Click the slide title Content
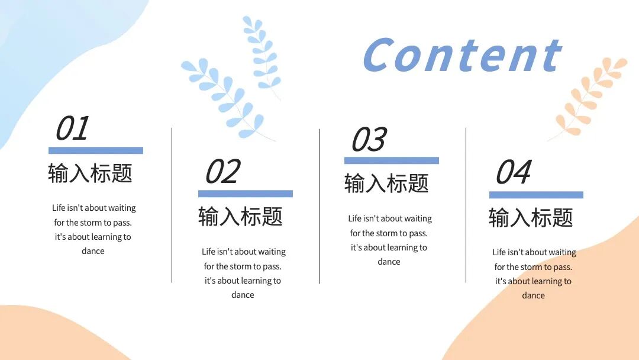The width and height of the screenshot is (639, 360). (x=461, y=55)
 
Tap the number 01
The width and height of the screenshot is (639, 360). (x=72, y=128)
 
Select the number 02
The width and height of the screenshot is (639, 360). (x=222, y=172)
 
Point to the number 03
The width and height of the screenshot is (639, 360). (x=368, y=140)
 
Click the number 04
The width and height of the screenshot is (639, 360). (x=513, y=172)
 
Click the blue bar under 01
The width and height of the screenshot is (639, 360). (x=96, y=150)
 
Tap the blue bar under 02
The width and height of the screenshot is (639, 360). (x=245, y=194)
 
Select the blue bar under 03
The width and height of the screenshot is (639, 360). (x=391, y=160)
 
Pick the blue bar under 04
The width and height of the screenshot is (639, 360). (x=536, y=195)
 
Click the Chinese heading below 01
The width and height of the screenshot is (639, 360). (x=90, y=173)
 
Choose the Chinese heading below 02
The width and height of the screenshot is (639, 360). (x=240, y=216)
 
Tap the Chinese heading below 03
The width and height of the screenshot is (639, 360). (x=386, y=184)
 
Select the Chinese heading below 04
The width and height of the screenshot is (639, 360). (x=531, y=217)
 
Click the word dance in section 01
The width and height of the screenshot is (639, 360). (x=93, y=251)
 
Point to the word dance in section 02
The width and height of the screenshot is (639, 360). (x=243, y=295)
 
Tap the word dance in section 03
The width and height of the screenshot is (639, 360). (x=389, y=262)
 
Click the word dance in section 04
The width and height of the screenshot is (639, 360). (x=533, y=295)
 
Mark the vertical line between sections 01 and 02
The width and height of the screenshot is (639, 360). (x=172, y=205)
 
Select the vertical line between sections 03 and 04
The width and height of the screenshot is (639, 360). (x=466, y=205)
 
